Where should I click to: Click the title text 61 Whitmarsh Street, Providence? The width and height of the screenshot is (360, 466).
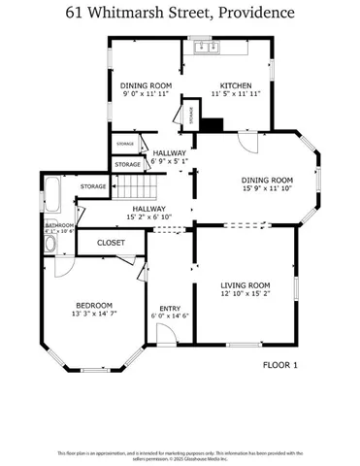[x=180, y=13]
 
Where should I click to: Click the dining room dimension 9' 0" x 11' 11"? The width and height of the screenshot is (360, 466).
[x=147, y=95]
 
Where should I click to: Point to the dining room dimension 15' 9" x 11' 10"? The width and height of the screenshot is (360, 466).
[x=267, y=189]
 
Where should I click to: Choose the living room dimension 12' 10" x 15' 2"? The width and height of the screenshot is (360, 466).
[x=245, y=293]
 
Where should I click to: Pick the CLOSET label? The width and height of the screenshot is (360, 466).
[x=110, y=243]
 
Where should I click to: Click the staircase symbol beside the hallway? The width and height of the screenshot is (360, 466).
[x=144, y=183]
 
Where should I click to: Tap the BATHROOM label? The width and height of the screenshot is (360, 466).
[x=57, y=224]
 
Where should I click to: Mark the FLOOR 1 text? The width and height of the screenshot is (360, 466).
[x=280, y=365]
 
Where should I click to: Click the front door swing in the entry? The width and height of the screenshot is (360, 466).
[x=166, y=335]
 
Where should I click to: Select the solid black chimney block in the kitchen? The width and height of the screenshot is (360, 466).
[x=215, y=124]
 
